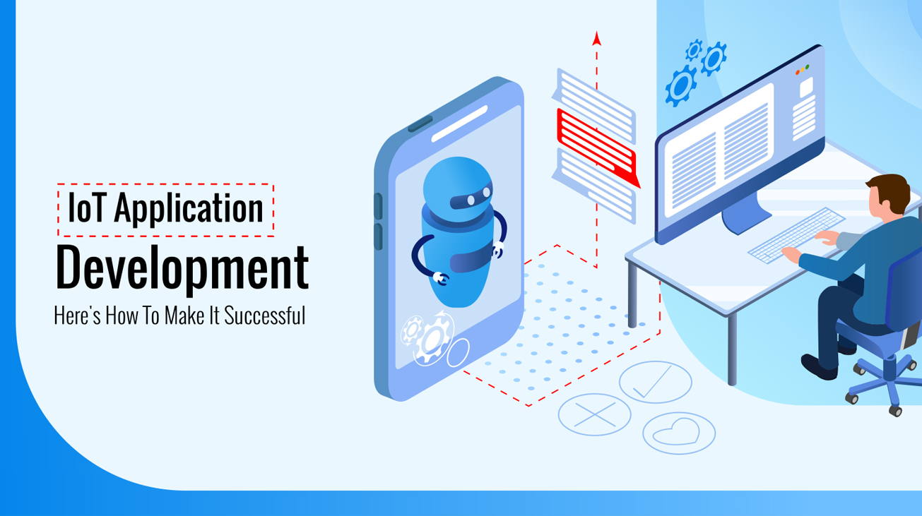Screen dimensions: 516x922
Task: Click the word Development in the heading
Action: tap(182, 269)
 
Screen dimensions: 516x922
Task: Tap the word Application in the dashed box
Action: tap(189, 209)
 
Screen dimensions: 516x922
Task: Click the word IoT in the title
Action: tap(85, 208)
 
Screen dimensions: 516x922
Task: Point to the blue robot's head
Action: tap(456, 186)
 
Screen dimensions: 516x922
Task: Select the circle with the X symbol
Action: tap(594, 414)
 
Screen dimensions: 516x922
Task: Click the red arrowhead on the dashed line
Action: tap(596, 38)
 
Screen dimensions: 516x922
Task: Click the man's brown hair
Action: tap(889, 190)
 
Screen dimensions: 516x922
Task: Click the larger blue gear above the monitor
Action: tap(680, 85)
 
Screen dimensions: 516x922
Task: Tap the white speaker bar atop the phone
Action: tap(459, 124)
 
